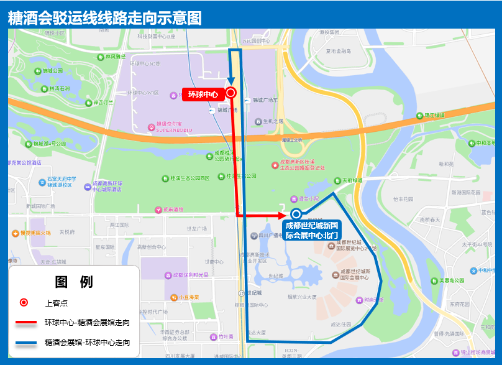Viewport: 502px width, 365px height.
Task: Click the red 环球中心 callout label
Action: (x=203, y=95)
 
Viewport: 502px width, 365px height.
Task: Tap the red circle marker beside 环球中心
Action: (x=230, y=93)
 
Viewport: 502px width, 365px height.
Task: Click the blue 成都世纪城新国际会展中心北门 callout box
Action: (x=312, y=230)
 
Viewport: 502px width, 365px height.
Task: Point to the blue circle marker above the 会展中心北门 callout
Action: (x=296, y=214)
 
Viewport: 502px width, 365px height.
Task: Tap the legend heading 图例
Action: (x=74, y=282)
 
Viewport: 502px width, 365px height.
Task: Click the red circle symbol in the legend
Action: (x=24, y=303)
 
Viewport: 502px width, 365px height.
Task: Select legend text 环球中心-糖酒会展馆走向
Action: (x=88, y=323)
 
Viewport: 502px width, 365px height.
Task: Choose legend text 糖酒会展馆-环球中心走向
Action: (x=88, y=342)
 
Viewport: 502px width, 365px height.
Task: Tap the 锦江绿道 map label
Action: (x=434, y=115)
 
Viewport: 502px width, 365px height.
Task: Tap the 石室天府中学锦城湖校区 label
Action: (x=60, y=182)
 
